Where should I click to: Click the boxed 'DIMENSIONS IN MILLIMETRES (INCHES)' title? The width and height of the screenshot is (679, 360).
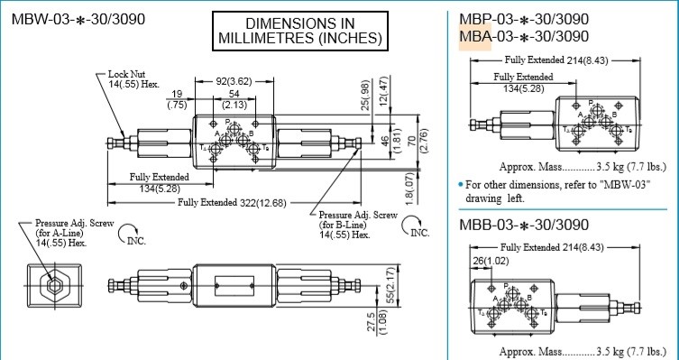(300, 30)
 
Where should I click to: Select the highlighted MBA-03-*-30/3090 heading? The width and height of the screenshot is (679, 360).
(524, 36)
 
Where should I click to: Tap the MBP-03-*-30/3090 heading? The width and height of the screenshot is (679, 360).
(524, 18)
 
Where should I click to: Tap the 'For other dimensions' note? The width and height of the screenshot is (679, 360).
(563, 190)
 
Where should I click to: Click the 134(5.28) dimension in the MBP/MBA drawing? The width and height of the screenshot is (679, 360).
(523, 88)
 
